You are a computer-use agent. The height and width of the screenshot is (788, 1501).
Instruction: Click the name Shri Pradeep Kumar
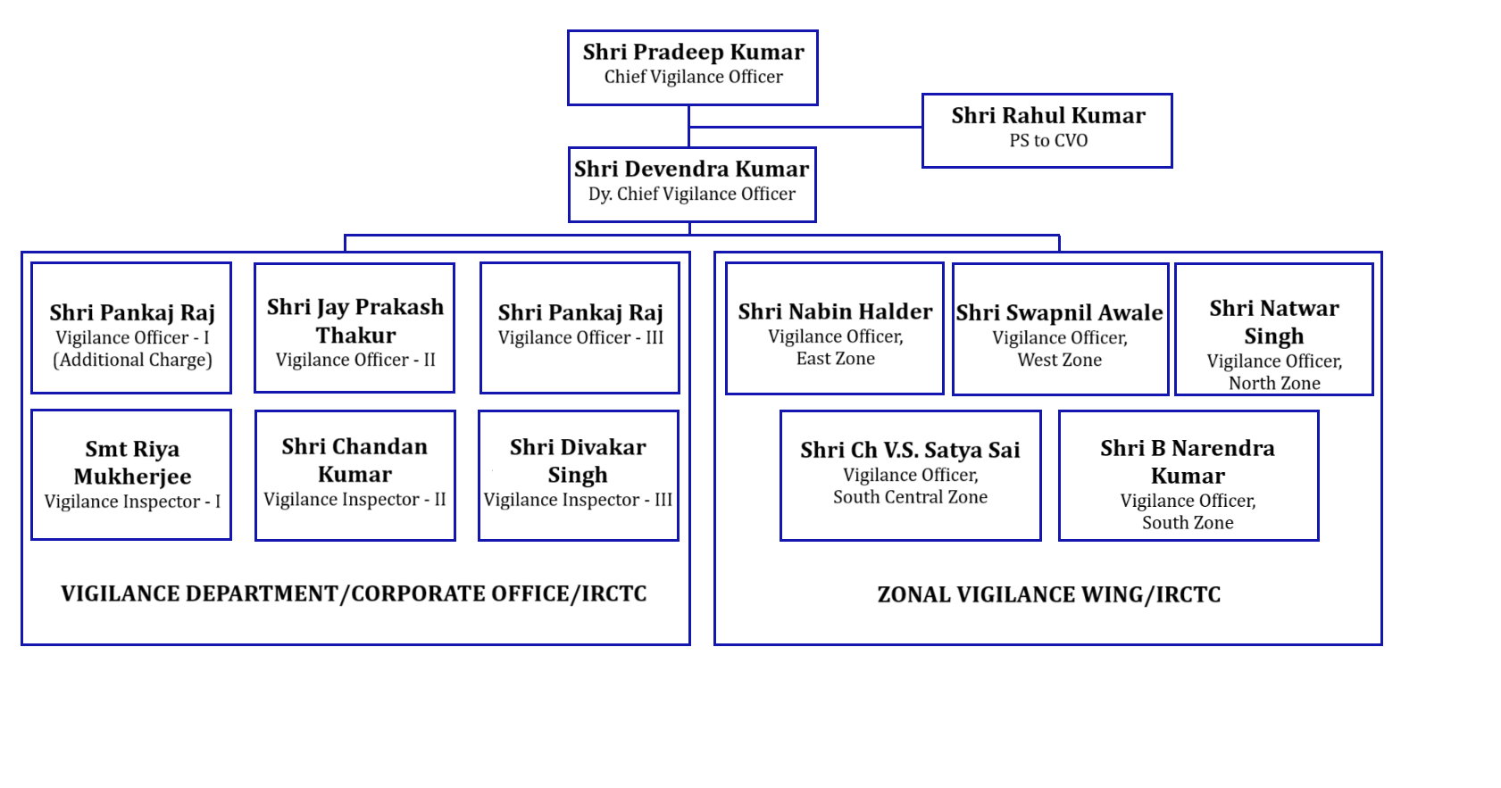(693, 53)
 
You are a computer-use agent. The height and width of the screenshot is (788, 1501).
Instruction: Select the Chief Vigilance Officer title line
(693, 77)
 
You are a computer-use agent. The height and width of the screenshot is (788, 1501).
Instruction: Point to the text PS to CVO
(1048, 141)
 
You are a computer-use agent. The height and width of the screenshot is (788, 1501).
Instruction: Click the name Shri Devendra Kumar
(691, 169)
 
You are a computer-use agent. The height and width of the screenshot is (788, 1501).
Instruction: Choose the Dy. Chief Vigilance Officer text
(691, 195)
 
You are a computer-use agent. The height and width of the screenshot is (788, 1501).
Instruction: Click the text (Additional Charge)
(132, 361)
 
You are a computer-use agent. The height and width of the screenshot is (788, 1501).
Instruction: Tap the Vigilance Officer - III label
(580, 337)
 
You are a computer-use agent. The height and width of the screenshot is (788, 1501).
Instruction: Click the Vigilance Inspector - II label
(354, 500)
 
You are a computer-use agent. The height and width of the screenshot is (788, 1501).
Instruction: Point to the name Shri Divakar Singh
(578, 460)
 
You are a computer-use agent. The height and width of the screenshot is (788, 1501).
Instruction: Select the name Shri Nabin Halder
(835, 311)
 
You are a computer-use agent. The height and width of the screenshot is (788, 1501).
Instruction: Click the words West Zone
(1059, 361)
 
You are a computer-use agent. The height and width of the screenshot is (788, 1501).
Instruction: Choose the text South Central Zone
(910, 497)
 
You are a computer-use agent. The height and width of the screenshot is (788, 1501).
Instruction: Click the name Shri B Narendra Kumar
(1188, 462)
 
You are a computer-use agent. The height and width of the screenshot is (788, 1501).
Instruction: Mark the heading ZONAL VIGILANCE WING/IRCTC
(1048, 594)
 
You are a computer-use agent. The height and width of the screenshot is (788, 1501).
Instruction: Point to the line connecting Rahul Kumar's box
(805, 127)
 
